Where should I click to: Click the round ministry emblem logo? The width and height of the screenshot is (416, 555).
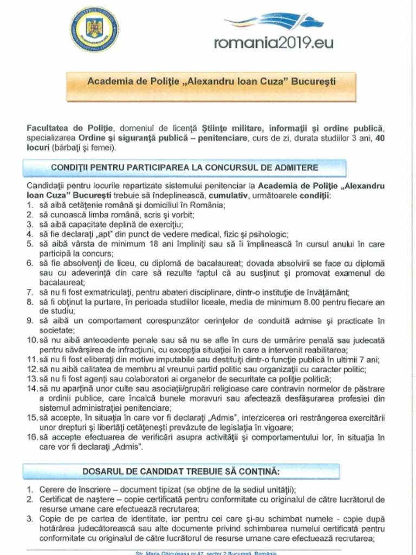94,29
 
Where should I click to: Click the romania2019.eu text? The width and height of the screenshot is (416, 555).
274,43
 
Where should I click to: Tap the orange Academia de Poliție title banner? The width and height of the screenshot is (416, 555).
211,82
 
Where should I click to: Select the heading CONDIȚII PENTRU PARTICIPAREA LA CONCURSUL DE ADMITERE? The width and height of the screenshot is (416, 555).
184,167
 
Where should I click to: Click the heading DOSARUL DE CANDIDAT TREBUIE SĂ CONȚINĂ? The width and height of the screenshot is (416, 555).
181,471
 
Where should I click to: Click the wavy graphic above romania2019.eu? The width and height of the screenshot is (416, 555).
274,22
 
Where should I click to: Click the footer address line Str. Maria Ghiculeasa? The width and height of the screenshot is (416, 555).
206,552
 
